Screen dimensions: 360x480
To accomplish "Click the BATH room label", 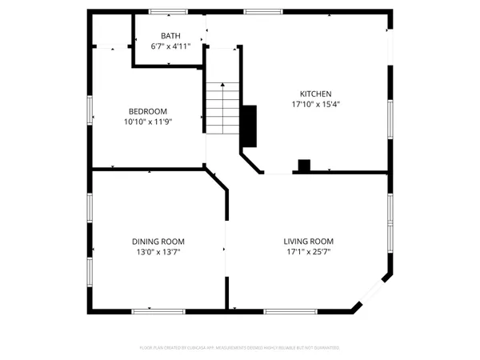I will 170,36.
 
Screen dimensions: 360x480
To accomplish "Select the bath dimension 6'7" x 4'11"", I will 170,46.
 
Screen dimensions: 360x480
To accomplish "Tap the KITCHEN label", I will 315,94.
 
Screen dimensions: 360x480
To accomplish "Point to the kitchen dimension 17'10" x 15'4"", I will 315,104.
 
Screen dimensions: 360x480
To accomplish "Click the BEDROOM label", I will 148,111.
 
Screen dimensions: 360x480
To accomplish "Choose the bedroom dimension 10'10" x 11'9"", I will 148,122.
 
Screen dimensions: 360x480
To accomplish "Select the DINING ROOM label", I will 158,241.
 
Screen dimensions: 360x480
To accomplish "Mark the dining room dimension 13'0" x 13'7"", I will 158,251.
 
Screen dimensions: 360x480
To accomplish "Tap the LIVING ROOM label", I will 308,241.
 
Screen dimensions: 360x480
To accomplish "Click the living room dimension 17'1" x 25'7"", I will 308,251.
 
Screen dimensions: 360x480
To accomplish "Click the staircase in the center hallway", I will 222,108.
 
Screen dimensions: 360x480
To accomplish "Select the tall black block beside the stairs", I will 249,126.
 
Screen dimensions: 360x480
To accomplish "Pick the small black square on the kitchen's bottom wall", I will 304,166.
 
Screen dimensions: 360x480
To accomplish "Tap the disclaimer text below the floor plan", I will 240,348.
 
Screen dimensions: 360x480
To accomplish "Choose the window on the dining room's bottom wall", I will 152,310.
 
